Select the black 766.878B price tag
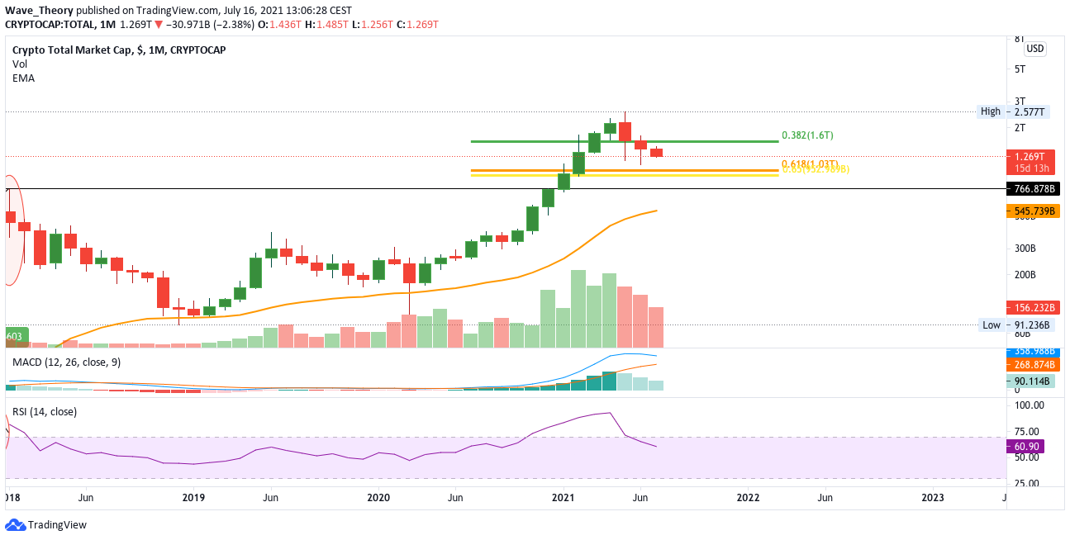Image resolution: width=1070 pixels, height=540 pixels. [x=1037, y=189]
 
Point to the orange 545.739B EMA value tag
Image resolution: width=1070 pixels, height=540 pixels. [x=1037, y=211]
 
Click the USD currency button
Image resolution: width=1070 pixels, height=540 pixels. [x=1035, y=49]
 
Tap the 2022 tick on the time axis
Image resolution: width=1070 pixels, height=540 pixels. [x=748, y=497]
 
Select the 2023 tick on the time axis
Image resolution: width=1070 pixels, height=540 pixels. [x=933, y=497]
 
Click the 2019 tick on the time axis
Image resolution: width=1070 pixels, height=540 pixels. [x=193, y=497]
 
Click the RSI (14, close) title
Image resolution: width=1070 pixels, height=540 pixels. [x=44, y=411]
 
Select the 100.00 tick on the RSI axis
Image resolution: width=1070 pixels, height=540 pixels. [x=1030, y=405]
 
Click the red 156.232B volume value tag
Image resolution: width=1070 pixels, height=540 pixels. [x=1037, y=307]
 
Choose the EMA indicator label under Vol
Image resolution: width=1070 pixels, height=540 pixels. [x=23, y=78]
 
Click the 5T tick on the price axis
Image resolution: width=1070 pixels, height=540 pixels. [x=1020, y=69]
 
